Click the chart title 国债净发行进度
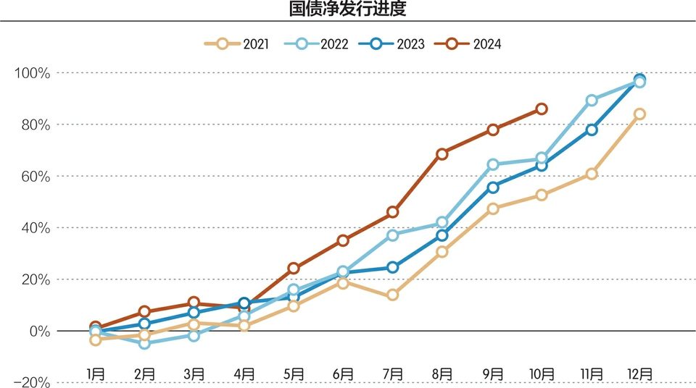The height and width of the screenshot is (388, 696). [348, 10]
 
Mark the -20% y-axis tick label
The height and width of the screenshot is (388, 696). [33, 382]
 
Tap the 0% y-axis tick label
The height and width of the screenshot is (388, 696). [38, 331]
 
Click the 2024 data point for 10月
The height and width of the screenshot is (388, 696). [541, 109]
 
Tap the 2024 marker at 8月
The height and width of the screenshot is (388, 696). [442, 153]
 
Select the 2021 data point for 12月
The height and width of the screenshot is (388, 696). [639, 114]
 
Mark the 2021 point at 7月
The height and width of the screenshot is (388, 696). [392, 295]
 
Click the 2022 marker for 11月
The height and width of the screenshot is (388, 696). [592, 100]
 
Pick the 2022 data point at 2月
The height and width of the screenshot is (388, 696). [144, 343]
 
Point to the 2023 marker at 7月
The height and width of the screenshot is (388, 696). [392, 267]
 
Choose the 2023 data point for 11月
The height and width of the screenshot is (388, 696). [592, 130]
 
